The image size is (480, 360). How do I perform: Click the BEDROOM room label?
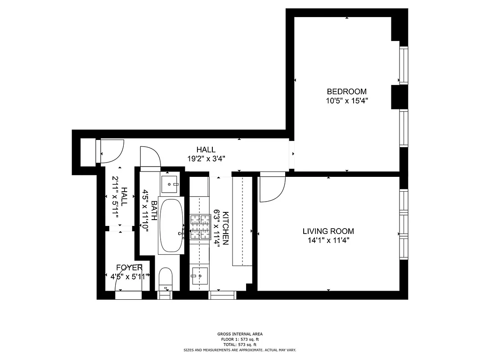click(346, 91)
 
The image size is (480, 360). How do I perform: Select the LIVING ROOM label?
click(328, 231)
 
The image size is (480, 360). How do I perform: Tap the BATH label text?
click(155, 210)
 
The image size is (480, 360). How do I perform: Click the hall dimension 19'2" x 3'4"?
click(206, 158)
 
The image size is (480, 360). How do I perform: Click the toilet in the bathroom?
click(166, 279)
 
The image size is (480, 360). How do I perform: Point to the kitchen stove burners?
click(200, 226)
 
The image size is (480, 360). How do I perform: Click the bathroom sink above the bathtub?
click(170, 183)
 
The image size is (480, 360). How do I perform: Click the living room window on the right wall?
click(404, 223)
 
